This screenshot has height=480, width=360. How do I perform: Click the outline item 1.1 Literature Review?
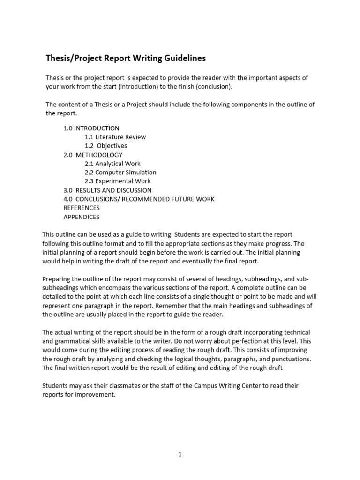tap(115, 137)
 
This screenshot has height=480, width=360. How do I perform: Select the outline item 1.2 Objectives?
tap(106, 146)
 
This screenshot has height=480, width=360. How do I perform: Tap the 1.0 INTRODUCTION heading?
tap(91, 128)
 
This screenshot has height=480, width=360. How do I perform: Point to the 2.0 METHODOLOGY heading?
tap(93, 155)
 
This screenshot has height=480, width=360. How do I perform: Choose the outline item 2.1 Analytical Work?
tap(112, 164)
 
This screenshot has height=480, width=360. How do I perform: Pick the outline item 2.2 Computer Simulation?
tap(120, 172)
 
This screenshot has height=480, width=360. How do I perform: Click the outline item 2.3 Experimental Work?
tap(118, 181)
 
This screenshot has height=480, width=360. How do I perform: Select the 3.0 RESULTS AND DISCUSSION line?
tap(107, 190)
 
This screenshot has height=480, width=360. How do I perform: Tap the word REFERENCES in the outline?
tap(82, 208)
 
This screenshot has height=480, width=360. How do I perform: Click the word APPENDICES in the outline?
tap(82, 217)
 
